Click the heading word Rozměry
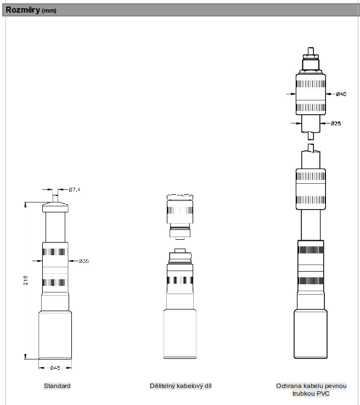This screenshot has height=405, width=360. [x=22, y=10]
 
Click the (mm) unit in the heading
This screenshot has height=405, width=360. [x=49, y=10]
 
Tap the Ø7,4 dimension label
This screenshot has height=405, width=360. [x=75, y=189]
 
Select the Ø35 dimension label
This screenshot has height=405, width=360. [x=84, y=261]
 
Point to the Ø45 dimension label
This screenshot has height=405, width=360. [x=55, y=368]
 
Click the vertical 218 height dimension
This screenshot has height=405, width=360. [x=26, y=280]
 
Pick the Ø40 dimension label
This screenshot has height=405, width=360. [x=341, y=94]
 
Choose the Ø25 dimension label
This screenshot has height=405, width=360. [x=336, y=123]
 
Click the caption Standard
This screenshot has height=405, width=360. [x=57, y=386]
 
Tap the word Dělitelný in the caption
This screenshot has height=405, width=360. [x=162, y=386]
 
